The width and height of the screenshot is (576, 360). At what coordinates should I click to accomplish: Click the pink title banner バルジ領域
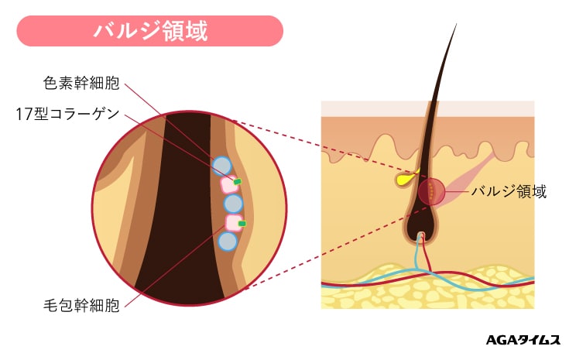(150, 31)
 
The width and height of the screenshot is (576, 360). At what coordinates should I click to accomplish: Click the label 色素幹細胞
(81, 81)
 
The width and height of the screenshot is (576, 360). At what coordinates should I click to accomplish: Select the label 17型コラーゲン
(67, 114)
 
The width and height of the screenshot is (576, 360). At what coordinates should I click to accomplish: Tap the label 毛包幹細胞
(81, 304)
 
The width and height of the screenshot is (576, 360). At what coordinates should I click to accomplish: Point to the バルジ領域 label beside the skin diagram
(509, 191)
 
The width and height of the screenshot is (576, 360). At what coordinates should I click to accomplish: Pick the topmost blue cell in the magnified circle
(222, 166)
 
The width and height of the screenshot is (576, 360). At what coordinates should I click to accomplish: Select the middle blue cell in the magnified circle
(233, 204)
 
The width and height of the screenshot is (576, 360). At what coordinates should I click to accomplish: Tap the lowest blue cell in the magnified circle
(227, 242)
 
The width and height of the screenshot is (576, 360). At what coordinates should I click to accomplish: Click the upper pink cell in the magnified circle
(228, 184)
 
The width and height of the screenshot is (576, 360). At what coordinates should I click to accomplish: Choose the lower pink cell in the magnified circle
(233, 223)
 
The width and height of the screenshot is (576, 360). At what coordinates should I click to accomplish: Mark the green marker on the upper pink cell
(238, 181)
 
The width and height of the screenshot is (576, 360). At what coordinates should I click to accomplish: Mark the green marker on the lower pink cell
(242, 223)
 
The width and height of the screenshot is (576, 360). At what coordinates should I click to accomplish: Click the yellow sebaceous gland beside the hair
(405, 180)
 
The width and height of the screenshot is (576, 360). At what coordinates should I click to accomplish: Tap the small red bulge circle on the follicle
(431, 191)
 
